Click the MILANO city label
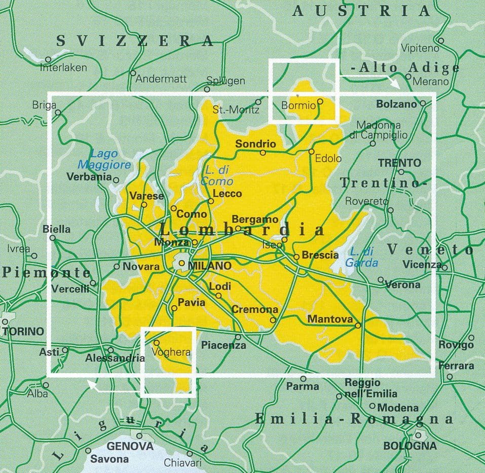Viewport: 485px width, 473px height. click(209, 265)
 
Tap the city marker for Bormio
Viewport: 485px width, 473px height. click(320, 101)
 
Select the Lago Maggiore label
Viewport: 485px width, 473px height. click(104, 159)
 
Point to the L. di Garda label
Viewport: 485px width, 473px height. click(362, 257)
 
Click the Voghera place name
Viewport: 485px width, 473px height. click(171, 352)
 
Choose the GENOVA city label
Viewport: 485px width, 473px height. click(130, 446)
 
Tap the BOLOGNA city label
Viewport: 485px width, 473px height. click(409, 446)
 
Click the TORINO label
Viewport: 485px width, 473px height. click(23, 332)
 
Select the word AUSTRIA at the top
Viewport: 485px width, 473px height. click(361, 11)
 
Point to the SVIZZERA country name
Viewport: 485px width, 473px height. click(134, 41)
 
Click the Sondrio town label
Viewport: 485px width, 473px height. click(256, 144)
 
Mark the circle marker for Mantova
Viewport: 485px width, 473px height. click(358, 325)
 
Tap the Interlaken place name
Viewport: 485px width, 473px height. click(64, 67)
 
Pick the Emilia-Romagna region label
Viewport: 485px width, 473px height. click(353, 419)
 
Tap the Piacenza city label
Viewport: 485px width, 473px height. click(223, 345)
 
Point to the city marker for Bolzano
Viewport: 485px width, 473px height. click(422, 103)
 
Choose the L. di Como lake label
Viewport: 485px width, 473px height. click(217, 176)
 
